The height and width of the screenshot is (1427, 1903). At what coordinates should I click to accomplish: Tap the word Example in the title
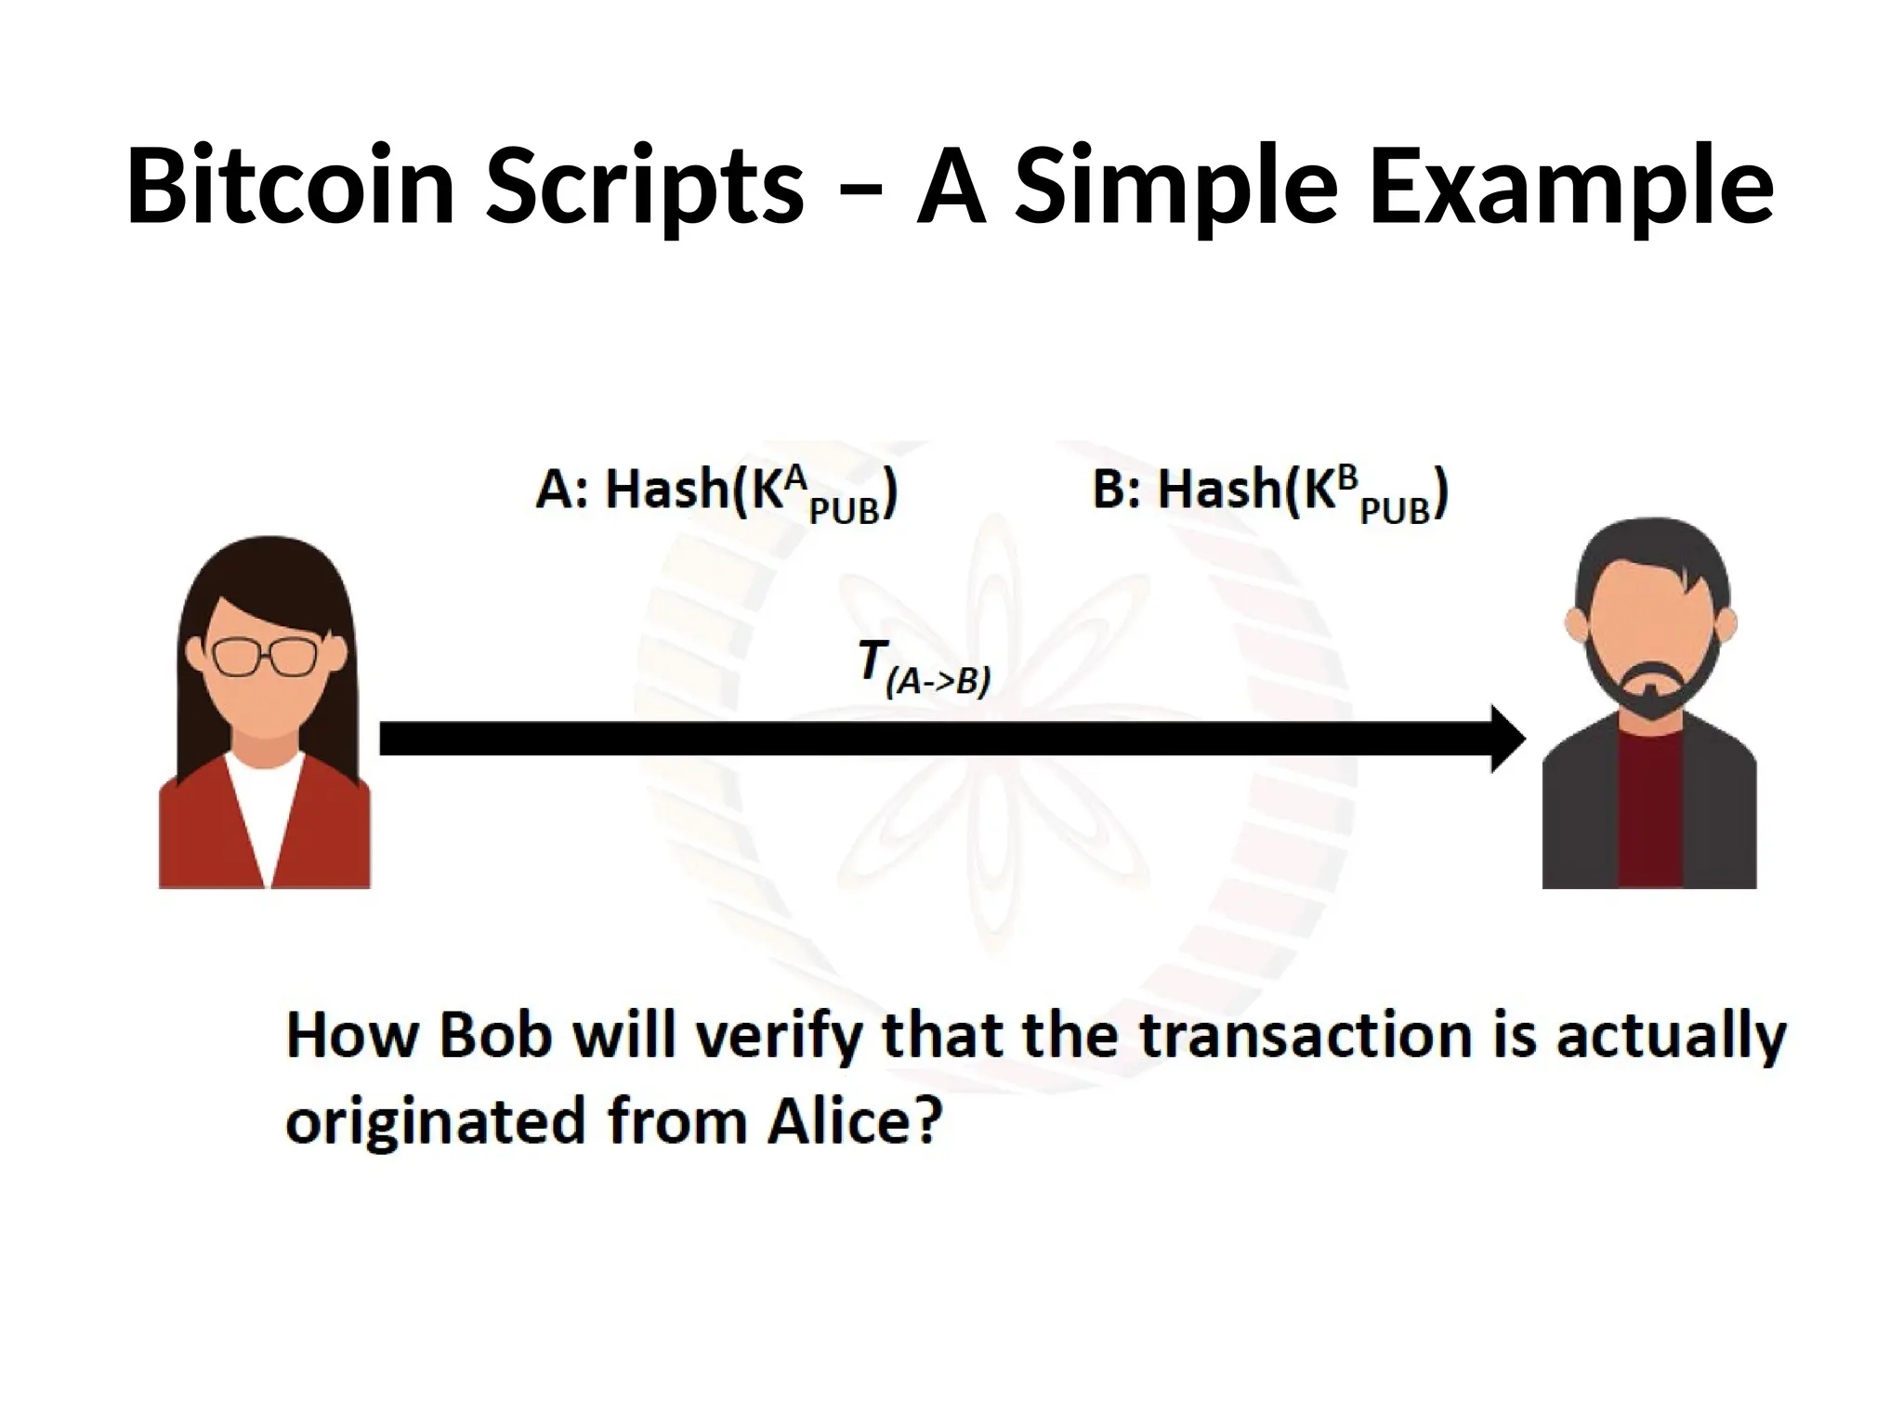[1571, 189]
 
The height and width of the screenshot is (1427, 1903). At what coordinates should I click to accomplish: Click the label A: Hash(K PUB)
[716, 492]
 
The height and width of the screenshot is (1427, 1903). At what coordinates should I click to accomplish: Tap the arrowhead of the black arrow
[1506, 739]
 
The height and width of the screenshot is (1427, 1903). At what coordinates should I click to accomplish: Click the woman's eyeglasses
[265, 656]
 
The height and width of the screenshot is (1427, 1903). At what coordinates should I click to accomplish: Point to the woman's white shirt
[266, 808]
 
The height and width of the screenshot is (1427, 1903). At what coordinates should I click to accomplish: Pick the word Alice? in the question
[855, 1121]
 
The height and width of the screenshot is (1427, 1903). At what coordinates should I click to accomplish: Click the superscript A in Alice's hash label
[794, 478]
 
